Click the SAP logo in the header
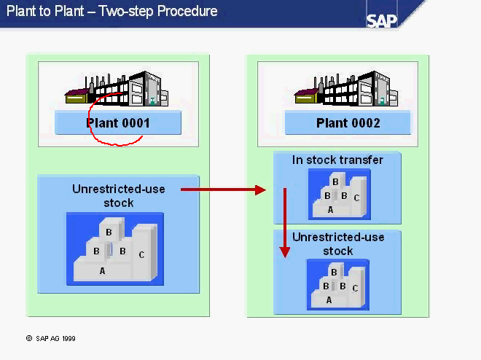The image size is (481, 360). tap(383, 20)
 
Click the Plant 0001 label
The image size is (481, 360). tap(118, 123)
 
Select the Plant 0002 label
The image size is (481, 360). tap(348, 123)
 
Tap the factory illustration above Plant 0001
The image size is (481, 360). tap(118, 90)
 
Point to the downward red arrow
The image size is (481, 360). tap(285, 222)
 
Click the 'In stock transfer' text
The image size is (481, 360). tap(337, 160)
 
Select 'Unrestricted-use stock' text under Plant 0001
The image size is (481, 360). tap(119, 196)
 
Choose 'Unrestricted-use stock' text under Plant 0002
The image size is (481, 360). tap(338, 244)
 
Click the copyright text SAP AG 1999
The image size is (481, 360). tap(51, 339)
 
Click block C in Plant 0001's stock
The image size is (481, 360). tap(141, 254)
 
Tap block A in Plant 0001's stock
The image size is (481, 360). tap(102, 270)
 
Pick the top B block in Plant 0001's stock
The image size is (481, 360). tap(109, 232)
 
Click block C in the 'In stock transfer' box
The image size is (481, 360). tap(356, 197)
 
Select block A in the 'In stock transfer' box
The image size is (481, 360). tap(330, 209)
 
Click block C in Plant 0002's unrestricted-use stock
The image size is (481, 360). tap(355, 288)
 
